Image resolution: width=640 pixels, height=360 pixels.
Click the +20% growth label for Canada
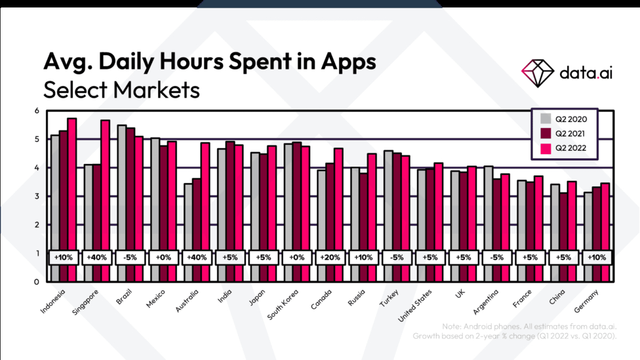pos(330,257)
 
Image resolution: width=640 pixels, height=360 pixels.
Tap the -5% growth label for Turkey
pos(396,257)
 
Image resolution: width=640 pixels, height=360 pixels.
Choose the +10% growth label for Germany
pos(596,257)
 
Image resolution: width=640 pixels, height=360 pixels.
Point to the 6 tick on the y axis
pos(37,111)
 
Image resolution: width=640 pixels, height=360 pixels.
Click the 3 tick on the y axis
pos(37,196)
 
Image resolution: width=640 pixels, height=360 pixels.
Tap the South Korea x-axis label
pos(283,305)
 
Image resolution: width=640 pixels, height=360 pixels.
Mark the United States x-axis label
pos(416,306)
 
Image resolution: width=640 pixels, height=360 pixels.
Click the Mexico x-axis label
pos(156,299)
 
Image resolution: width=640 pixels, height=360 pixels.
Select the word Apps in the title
pos(348,62)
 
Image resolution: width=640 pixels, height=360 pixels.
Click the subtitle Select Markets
pos(122,90)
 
